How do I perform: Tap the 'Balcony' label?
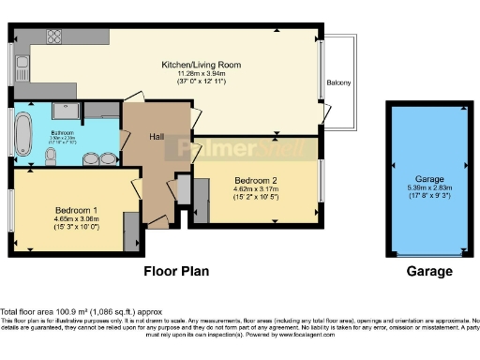point(338,83)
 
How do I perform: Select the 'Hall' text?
point(159,138)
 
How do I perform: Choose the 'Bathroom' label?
point(63,132)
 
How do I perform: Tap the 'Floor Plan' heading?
point(175,272)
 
